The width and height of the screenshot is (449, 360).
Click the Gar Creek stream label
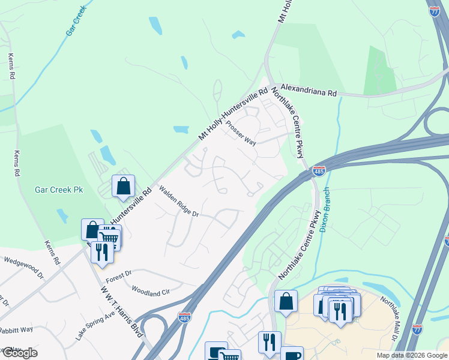tap(77, 20)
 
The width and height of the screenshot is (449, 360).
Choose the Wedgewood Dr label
tap(24, 268)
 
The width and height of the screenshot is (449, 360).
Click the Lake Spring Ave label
tap(95, 325)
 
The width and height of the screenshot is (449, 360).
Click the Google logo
tap(19, 353)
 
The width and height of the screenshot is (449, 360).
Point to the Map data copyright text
tap(411, 355)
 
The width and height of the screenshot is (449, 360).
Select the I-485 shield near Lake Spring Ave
tap(185, 316)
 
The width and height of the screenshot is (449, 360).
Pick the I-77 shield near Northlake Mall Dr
tap(418, 329)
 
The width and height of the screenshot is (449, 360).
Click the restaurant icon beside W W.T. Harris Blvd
tap(101, 251)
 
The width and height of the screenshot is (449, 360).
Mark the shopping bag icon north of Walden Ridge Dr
tap(123, 186)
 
